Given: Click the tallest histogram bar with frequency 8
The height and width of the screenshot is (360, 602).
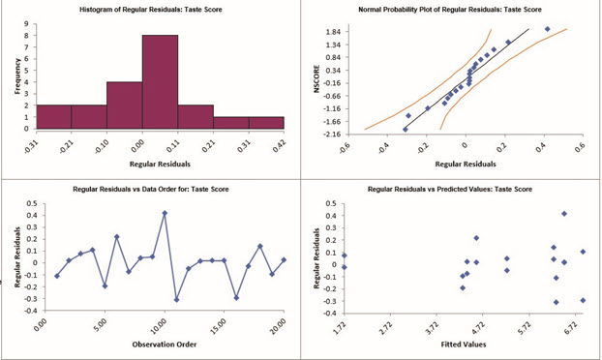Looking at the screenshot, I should click(x=160, y=81).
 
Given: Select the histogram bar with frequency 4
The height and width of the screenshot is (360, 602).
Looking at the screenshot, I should click(x=124, y=105).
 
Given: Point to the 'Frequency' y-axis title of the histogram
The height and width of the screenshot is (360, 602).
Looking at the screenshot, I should click(x=16, y=75).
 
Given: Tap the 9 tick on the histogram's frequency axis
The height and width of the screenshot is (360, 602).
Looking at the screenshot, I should click(x=29, y=23).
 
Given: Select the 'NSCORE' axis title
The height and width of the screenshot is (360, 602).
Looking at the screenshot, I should click(x=316, y=80).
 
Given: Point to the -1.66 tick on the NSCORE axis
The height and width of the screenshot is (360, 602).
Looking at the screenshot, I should click(x=332, y=122).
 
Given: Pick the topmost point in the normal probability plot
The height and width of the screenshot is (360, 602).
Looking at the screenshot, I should click(x=547, y=29).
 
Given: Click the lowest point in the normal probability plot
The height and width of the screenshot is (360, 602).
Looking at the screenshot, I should click(x=405, y=129).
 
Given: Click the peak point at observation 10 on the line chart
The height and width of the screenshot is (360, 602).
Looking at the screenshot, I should click(x=165, y=213).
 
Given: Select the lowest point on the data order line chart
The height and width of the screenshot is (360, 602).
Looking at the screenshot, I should click(x=176, y=300).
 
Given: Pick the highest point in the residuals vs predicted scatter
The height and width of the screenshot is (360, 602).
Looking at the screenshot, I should click(x=564, y=214).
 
